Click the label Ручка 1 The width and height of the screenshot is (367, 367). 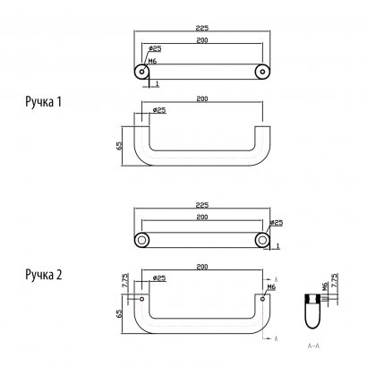point(44,103)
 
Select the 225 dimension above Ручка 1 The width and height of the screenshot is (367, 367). point(201,28)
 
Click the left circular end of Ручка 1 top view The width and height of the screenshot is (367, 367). point(141,70)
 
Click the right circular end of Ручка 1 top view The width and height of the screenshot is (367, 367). point(261,70)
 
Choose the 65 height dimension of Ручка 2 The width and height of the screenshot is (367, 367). point(119,314)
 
